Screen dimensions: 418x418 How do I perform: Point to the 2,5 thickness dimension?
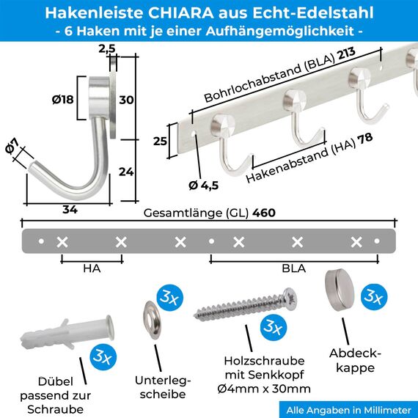107,50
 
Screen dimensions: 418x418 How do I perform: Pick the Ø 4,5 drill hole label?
204,185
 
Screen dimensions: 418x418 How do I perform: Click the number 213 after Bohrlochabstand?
346,62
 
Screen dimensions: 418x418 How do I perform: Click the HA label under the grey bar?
92,268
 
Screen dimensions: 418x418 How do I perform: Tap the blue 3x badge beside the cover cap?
373,296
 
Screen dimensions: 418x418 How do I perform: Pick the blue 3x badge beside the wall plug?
101,358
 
